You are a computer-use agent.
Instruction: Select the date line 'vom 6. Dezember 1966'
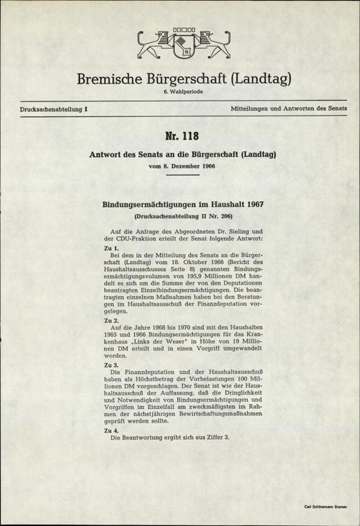(x=180, y=166)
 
